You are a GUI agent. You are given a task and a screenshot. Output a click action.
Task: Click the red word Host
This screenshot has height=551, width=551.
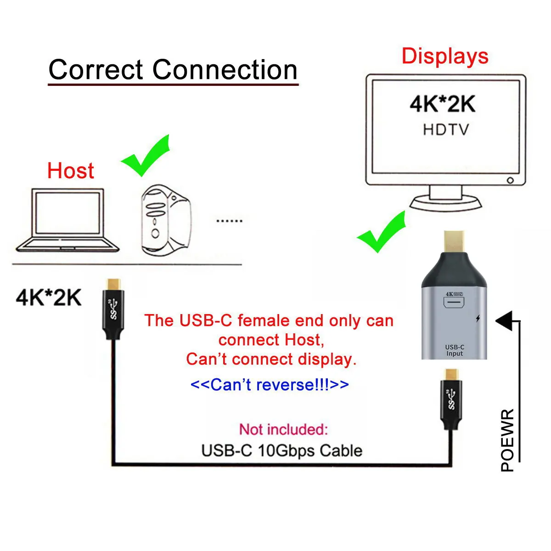(70, 171)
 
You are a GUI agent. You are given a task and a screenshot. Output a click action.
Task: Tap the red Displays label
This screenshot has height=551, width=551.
(444, 56)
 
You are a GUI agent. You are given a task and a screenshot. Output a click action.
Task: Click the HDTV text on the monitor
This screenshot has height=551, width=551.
(446, 129)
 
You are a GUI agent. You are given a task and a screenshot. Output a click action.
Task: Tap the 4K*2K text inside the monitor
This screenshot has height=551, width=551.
(442, 104)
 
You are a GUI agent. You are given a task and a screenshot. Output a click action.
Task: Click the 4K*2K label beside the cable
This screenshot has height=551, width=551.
(49, 297)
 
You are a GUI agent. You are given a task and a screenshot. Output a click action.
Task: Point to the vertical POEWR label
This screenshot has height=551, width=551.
(507, 440)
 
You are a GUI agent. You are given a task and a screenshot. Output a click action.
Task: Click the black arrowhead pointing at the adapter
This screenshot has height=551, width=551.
(505, 320)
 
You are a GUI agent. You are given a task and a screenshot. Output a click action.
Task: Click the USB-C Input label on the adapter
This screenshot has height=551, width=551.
(455, 350)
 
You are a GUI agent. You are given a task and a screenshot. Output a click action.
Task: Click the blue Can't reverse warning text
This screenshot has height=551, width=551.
(270, 384)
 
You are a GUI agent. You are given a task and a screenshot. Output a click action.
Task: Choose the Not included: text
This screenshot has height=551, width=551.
(283, 429)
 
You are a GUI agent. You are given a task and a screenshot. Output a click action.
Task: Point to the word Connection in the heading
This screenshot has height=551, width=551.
(225, 70)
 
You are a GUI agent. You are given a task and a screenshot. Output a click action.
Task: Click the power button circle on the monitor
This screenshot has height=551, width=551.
(510, 180)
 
